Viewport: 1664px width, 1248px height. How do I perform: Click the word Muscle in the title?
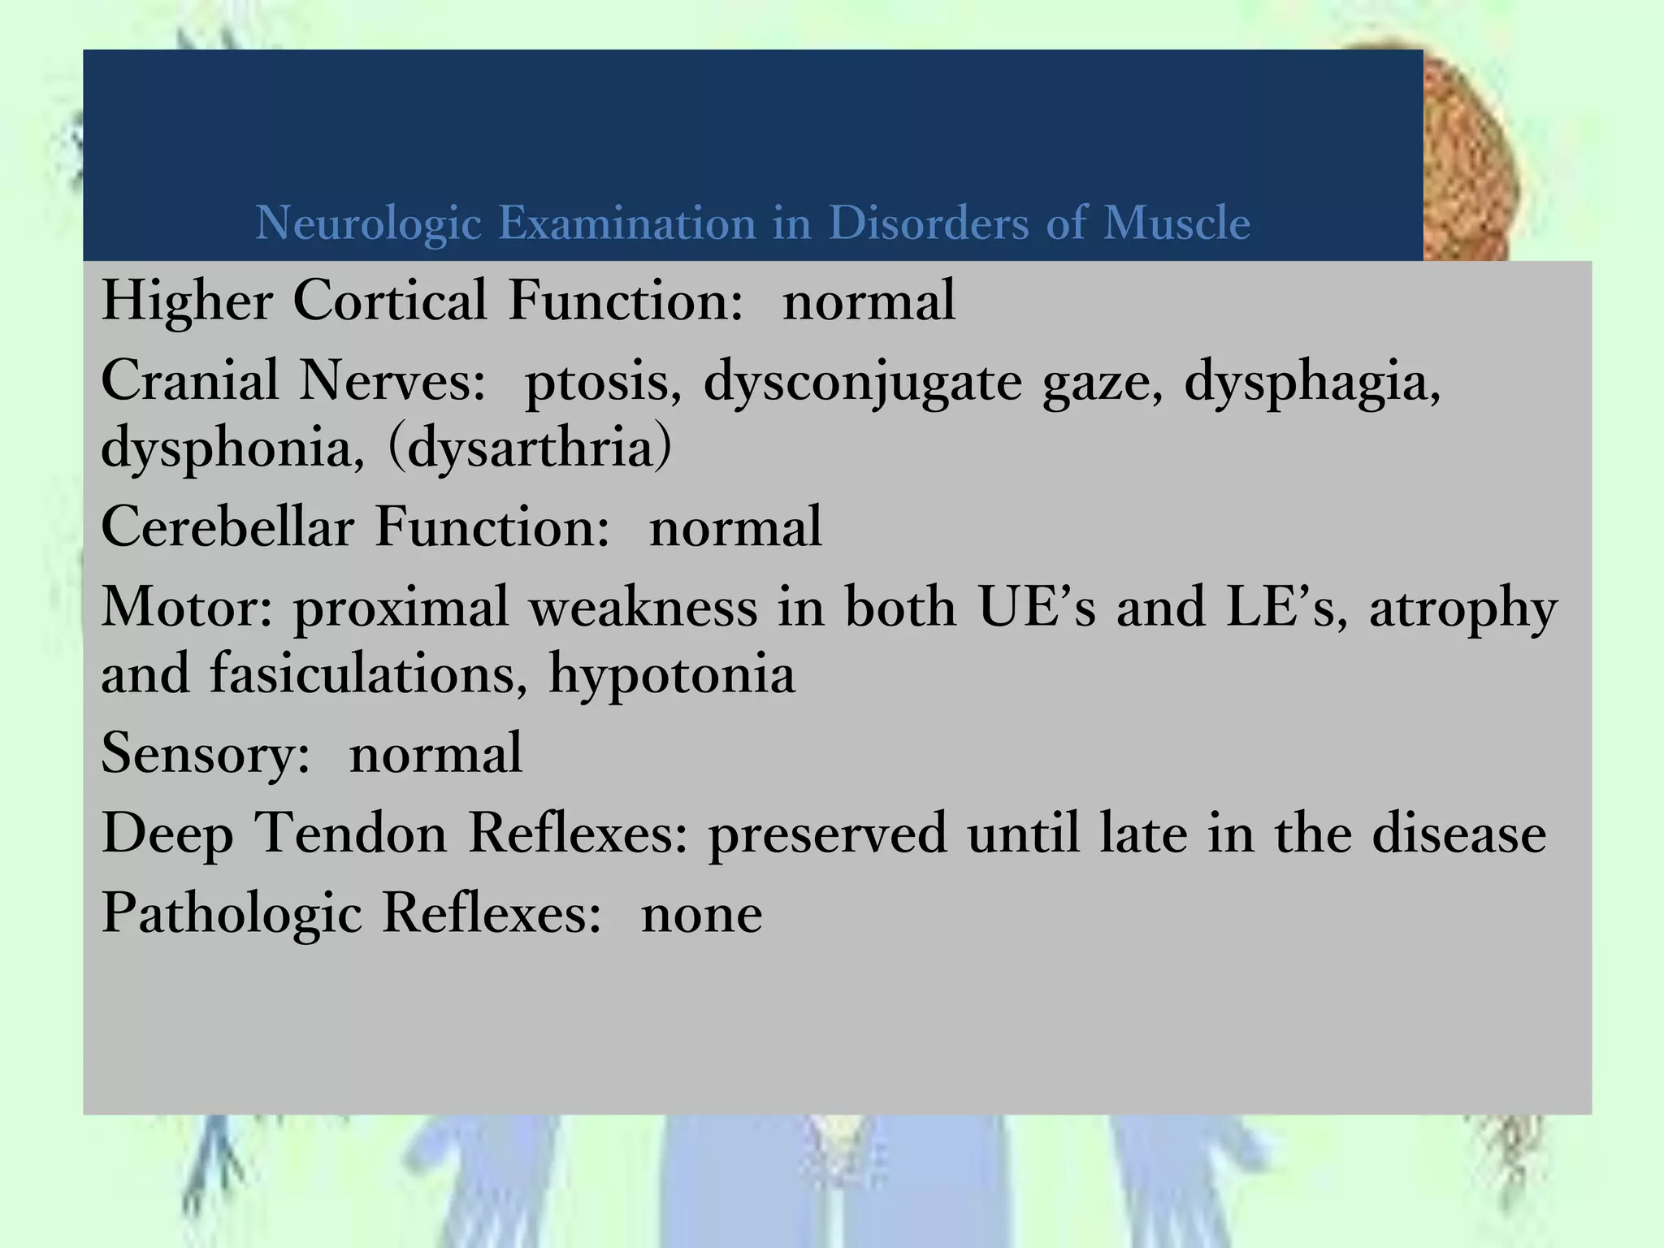pos(1176,223)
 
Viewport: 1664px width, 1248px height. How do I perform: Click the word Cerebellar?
pos(227,526)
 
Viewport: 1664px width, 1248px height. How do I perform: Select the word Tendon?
pos(351,834)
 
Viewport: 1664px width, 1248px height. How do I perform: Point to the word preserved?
pos(827,835)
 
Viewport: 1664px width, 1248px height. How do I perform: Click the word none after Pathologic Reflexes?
pos(702,914)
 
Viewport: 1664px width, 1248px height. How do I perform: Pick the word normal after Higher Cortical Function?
pos(869,301)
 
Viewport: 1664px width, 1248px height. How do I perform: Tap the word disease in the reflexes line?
pos(1459,834)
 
